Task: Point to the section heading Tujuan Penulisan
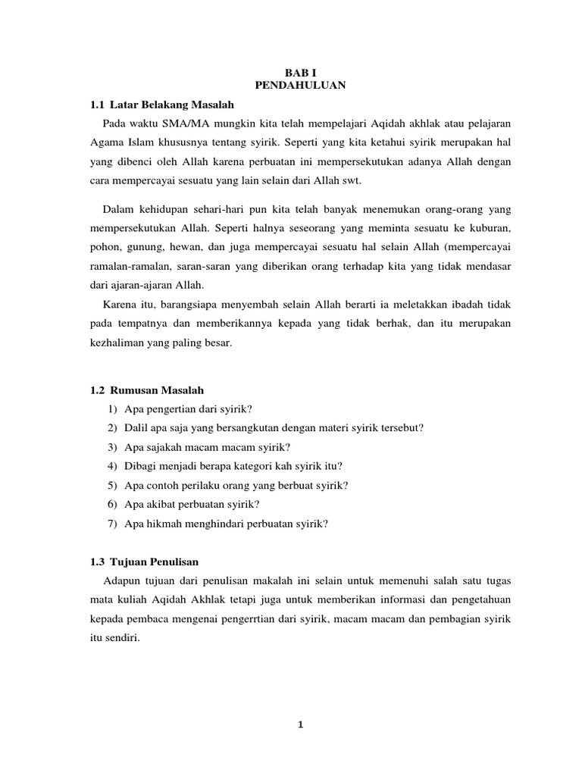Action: click(155, 562)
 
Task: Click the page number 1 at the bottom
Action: click(300, 724)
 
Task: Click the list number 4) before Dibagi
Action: click(111, 466)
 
